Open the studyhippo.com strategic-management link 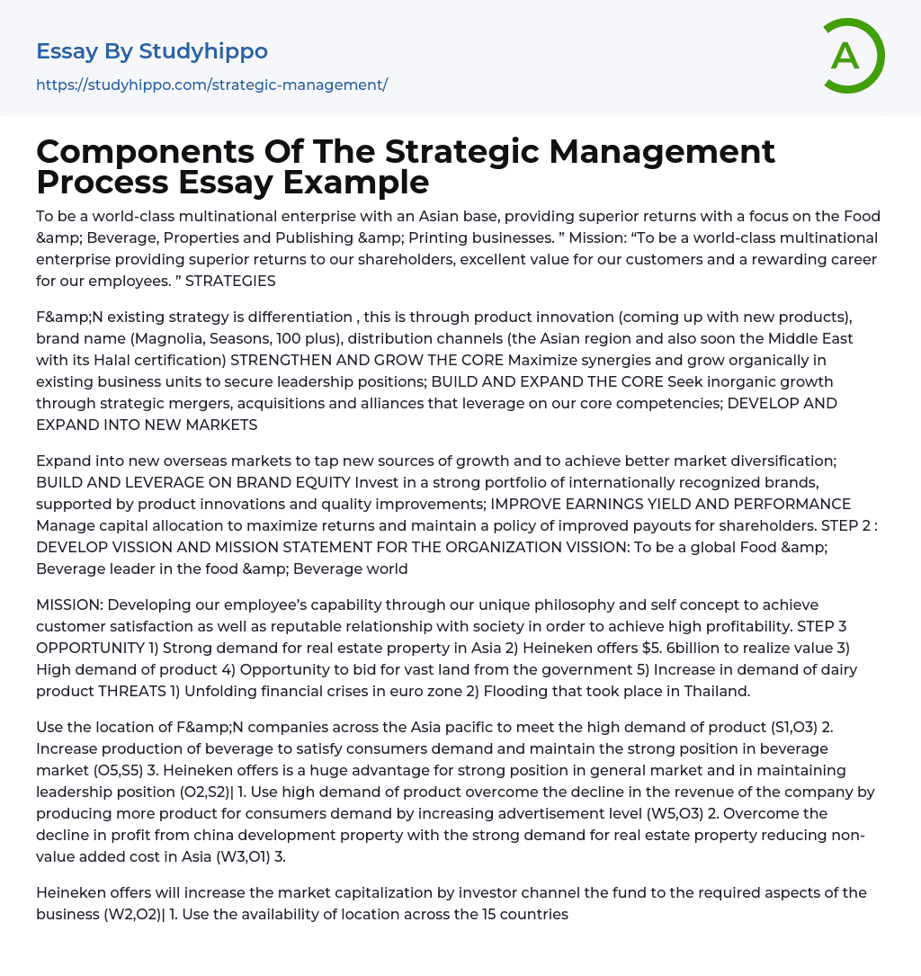tap(211, 85)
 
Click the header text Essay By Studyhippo tap(152, 51)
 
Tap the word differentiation tap(293, 317)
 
